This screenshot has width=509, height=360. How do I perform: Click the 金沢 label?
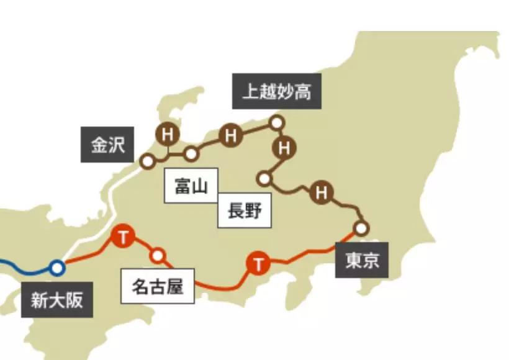tap(108, 145)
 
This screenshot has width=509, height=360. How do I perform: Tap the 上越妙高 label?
tap(277, 92)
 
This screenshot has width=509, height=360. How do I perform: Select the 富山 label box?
tap(191, 185)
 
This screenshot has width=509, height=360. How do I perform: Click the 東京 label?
tap(362, 261)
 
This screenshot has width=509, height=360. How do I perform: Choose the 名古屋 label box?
tap(158, 287)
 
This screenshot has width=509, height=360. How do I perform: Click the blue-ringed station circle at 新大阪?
tap(57, 268)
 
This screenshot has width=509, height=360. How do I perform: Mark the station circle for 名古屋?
tap(158, 255)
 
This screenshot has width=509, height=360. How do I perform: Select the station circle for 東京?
tap(361, 227)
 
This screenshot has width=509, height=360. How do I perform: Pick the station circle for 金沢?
tap(147, 161)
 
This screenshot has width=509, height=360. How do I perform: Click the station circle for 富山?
tap(191, 153)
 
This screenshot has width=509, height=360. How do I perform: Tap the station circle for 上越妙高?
tap(277, 122)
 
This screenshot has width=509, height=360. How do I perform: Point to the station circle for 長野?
tap(265, 179)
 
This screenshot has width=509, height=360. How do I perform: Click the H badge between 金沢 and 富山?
tap(166, 134)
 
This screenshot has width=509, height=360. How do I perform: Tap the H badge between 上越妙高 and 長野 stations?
tap(285, 148)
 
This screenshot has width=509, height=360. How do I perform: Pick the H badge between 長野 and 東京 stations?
tap(321, 192)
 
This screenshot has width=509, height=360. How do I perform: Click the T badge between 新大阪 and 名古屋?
tap(124, 236)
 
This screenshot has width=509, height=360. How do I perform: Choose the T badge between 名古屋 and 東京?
tap(258, 264)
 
